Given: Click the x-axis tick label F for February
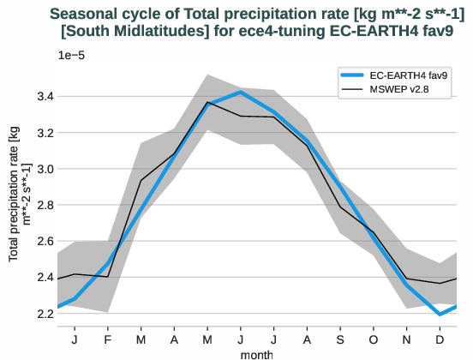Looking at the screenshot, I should [x=107, y=339].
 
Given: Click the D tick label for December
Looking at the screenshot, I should [x=440, y=339].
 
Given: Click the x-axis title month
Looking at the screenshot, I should [x=257, y=353].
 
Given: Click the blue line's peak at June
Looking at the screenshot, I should [x=241, y=92].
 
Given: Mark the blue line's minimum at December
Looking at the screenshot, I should [x=440, y=315].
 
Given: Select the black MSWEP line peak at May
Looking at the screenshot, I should [x=207, y=102].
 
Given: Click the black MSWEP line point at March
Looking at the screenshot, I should [x=141, y=181].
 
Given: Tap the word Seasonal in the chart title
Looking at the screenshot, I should [x=84, y=14].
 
